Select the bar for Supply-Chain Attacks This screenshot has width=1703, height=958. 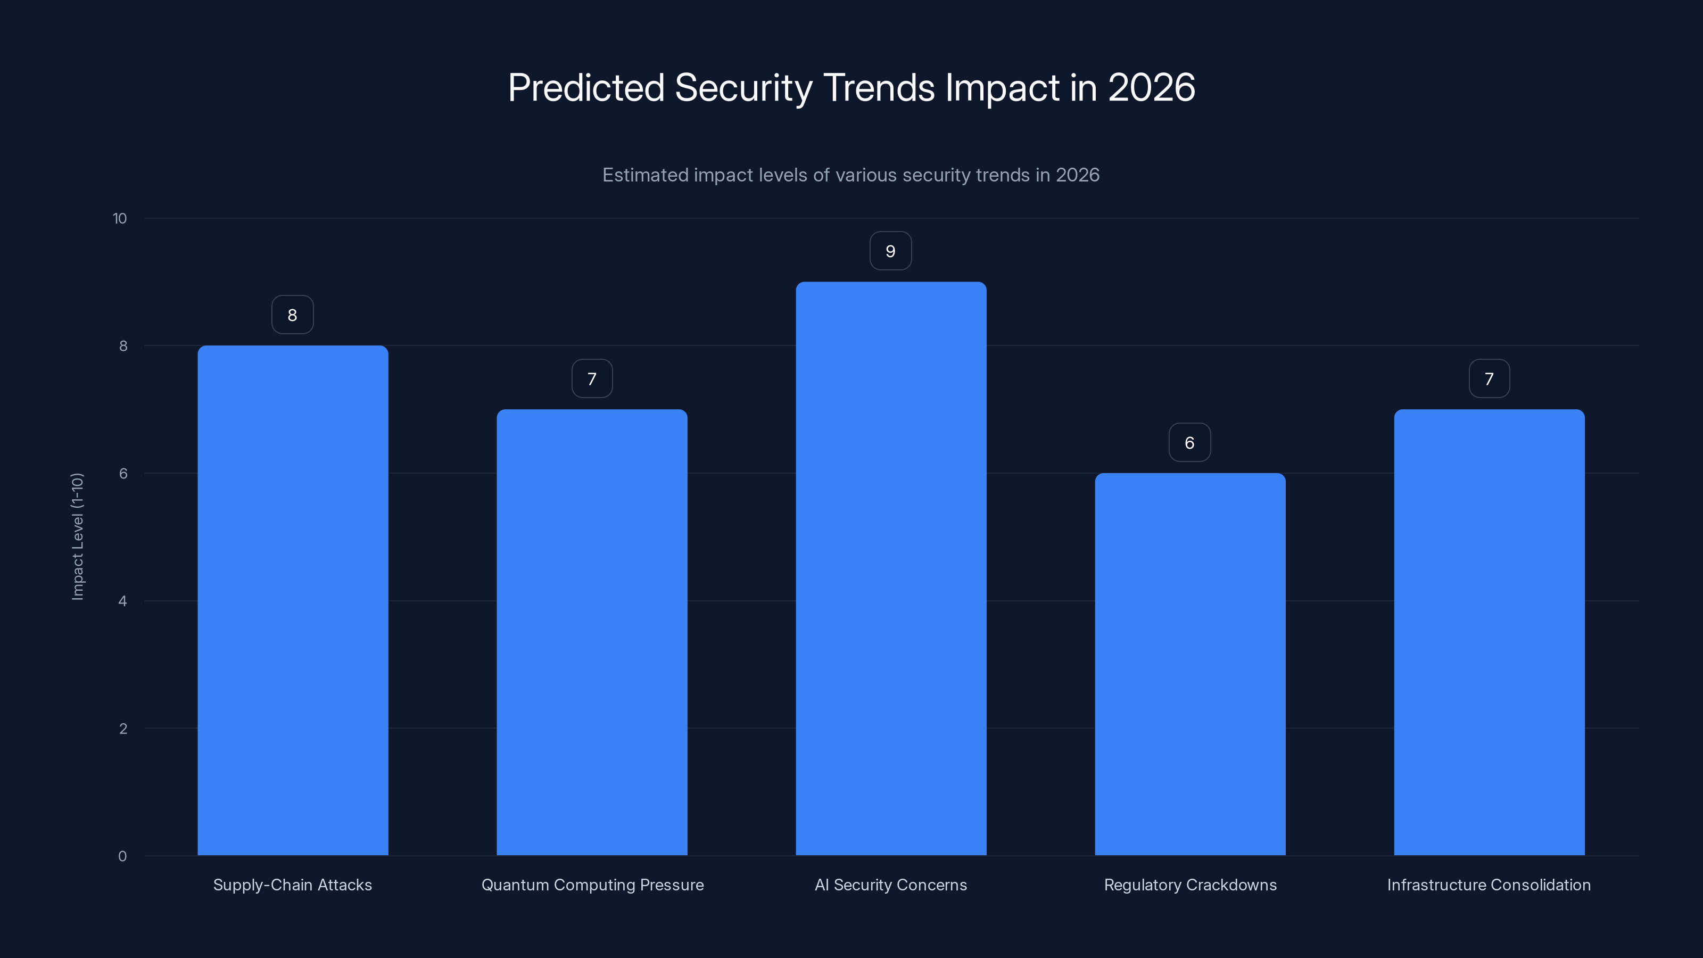coord(292,600)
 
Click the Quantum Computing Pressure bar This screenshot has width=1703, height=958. coord(592,632)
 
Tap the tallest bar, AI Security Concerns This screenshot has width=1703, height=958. coord(890,568)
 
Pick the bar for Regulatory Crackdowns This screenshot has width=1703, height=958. coord(1190,664)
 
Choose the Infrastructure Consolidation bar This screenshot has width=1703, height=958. coord(1489,632)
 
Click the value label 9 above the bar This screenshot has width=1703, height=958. coord(890,251)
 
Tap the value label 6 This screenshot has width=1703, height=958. coord(1189,442)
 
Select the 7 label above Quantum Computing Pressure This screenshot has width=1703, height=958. coord(592,379)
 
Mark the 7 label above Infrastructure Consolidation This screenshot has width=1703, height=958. coord(1489,379)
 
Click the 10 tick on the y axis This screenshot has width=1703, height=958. coord(120,218)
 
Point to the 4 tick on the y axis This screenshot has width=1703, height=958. coord(122,601)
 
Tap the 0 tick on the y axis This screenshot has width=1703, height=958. coord(122,856)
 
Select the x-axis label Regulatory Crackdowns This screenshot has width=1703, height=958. coord(1190,885)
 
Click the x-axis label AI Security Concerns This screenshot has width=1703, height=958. coord(890,885)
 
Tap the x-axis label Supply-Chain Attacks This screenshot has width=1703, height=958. coord(292,885)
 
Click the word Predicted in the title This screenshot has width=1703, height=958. coord(586,88)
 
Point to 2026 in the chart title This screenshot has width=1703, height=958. coord(1151,88)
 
